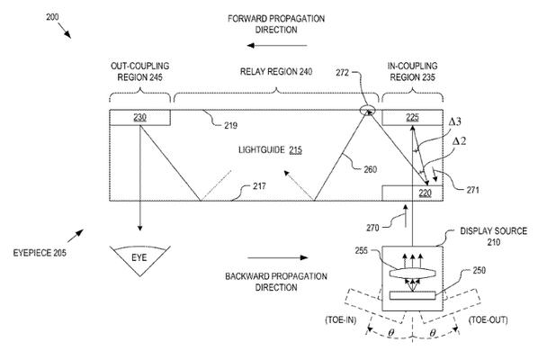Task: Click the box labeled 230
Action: tap(139, 117)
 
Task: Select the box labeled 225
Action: tap(412, 117)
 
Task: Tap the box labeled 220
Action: tap(412, 193)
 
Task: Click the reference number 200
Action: tap(52, 17)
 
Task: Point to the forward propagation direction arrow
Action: tap(277, 45)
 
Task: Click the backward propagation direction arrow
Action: tap(278, 257)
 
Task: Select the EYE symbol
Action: tap(139, 260)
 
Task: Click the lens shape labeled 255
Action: tap(412, 274)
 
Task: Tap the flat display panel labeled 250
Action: tap(412, 295)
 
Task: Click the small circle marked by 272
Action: tap(367, 111)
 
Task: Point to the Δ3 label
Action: tap(455, 121)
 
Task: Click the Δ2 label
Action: tap(460, 141)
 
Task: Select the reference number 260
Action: tap(370, 169)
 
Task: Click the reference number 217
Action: tap(259, 186)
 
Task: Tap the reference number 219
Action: tap(231, 125)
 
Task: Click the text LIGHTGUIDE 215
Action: tap(270, 150)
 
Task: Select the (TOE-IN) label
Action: tap(341, 319)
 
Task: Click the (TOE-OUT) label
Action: tap(488, 319)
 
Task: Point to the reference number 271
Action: tap(472, 190)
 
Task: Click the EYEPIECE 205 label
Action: tap(40, 253)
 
